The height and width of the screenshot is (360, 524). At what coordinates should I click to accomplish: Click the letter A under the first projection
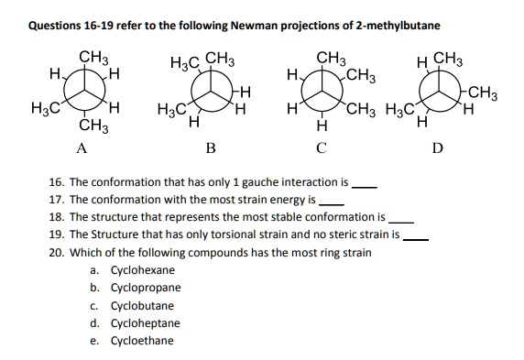[x=82, y=147]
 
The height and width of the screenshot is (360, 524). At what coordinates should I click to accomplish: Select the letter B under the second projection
[x=210, y=147]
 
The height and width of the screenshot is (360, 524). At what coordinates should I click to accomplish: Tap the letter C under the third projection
[x=320, y=147]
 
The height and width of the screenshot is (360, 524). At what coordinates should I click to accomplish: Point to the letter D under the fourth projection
[x=437, y=147]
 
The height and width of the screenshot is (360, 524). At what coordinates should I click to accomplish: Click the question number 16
[x=56, y=182]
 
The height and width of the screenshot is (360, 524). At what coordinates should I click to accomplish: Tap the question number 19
[x=56, y=235]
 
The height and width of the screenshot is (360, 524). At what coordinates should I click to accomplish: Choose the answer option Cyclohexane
[x=142, y=271]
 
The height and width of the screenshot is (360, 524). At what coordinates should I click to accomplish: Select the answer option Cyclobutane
[x=142, y=306]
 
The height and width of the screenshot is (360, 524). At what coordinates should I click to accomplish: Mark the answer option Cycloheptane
[x=146, y=323]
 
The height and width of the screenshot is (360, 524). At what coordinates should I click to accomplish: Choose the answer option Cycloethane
[x=142, y=341]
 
